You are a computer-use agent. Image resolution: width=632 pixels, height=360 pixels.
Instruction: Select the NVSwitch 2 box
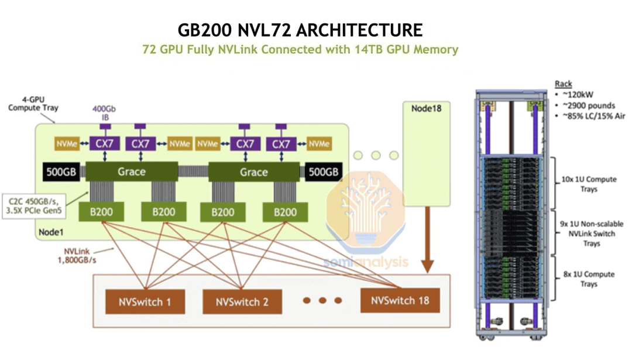click(242, 303)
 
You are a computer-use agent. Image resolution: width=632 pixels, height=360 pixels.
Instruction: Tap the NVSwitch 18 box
click(400, 301)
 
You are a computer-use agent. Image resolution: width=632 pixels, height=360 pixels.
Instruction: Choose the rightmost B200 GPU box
click(286, 212)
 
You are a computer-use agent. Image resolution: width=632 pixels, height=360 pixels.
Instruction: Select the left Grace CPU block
click(131, 172)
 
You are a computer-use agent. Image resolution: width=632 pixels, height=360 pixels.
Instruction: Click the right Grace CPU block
click(253, 172)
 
